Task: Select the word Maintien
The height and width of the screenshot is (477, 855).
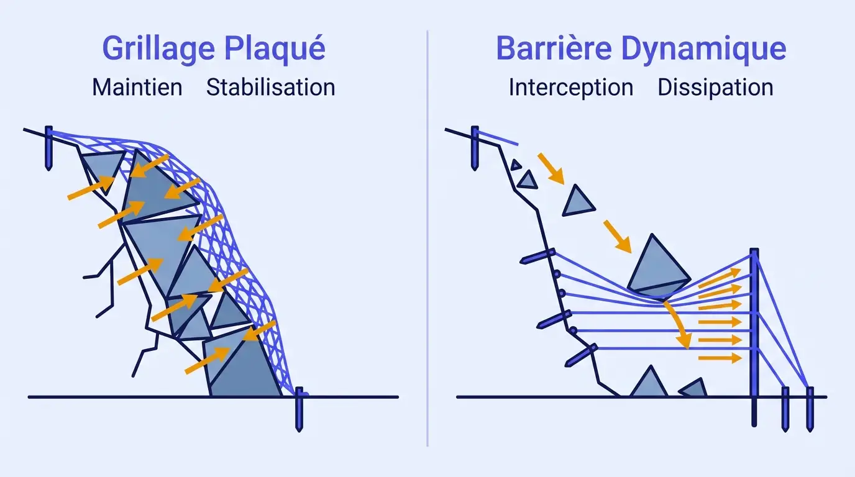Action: (137, 87)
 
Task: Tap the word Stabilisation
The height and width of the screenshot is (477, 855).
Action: (270, 87)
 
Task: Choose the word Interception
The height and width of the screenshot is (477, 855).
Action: (570, 88)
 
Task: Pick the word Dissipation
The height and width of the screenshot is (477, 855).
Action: (715, 88)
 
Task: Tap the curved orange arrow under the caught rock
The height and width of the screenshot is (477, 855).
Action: (679, 323)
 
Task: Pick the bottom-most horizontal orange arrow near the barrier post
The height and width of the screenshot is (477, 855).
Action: (720, 358)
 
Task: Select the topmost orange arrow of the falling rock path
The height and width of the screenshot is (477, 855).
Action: (549, 168)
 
